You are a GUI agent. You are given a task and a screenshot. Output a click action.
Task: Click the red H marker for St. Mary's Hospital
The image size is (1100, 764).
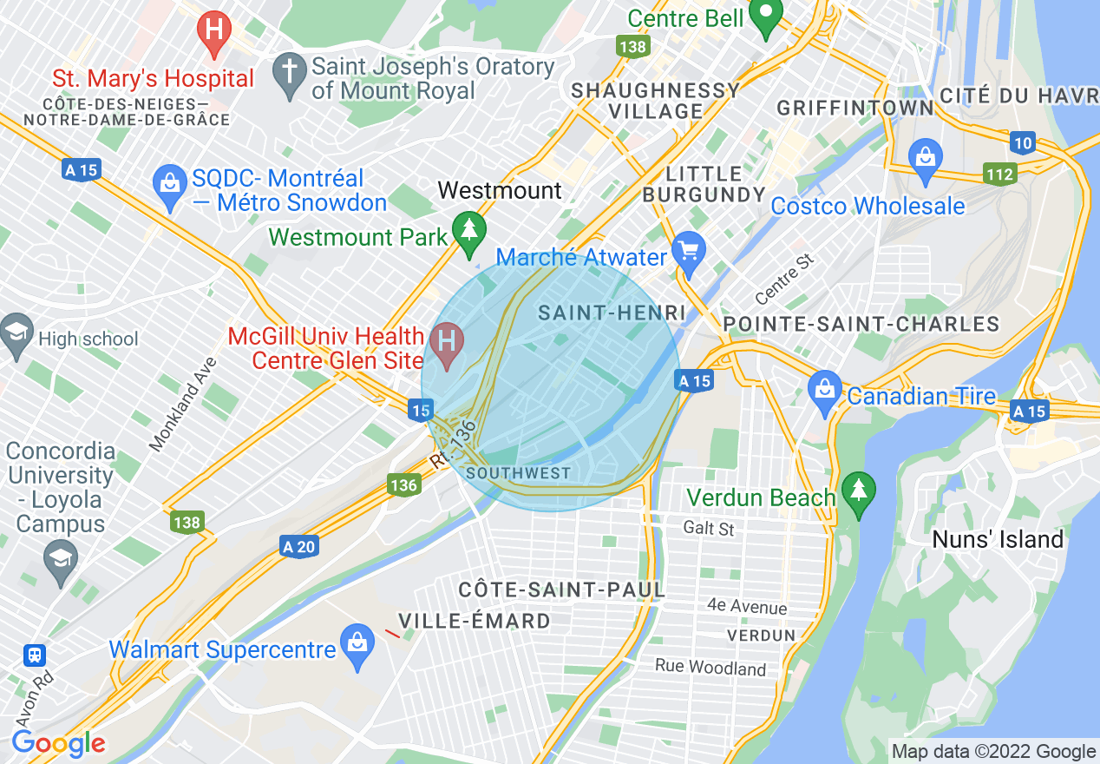click(214, 30)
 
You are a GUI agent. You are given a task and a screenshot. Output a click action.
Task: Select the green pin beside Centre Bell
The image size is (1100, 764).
click(766, 16)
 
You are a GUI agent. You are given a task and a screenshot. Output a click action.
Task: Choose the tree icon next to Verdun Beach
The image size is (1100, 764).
click(858, 493)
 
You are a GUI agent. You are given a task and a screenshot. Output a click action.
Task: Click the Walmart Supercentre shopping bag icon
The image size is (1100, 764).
click(357, 645)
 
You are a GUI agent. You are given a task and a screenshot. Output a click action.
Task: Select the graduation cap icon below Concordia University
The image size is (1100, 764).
click(60, 557)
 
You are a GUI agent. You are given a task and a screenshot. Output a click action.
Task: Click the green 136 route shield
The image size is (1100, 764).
click(403, 485)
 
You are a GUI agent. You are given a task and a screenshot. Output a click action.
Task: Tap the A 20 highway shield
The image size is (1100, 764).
click(298, 547)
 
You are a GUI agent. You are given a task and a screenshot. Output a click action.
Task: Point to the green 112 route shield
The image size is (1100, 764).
click(999, 175)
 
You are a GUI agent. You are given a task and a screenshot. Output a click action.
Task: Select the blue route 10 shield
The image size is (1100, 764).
click(1022, 142)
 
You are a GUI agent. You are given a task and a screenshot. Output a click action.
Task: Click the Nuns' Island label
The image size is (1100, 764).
click(998, 539)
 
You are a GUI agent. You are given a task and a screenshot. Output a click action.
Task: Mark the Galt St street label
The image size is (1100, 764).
click(708, 528)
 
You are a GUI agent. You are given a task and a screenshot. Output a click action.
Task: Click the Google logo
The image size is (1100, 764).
click(58, 743)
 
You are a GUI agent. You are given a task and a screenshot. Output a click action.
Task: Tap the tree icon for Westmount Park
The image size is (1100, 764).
click(469, 231)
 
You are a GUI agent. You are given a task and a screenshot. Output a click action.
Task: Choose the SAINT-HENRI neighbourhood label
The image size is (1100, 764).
click(612, 313)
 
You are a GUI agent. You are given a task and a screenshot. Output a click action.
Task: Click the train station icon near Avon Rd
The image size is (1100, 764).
click(34, 655)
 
